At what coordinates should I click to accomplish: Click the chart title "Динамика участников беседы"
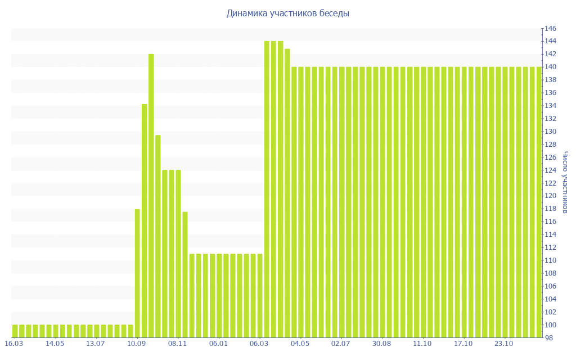pyautogui.click(x=287, y=13)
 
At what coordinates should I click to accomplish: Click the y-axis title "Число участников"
pyautogui.click(x=565, y=182)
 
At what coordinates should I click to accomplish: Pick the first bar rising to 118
pyautogui.click(x=137, y=273)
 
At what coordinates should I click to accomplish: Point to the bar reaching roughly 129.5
pyautogui.click(x=158, y=236)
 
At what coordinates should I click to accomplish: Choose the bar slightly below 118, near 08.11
pyautogui.click(x=185, y=274)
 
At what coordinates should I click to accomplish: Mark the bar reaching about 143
pyautogui.click(x=287, y=193)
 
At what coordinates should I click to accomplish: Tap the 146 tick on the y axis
pyautogui.click(x=550, y=29)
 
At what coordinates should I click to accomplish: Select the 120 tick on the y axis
pyautogui.click(x=550, y=196)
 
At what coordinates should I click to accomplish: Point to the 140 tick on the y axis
pyautogui.click(x=550, y=67)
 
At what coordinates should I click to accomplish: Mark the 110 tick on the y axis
pyautogui.click(x=550, y=260)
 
